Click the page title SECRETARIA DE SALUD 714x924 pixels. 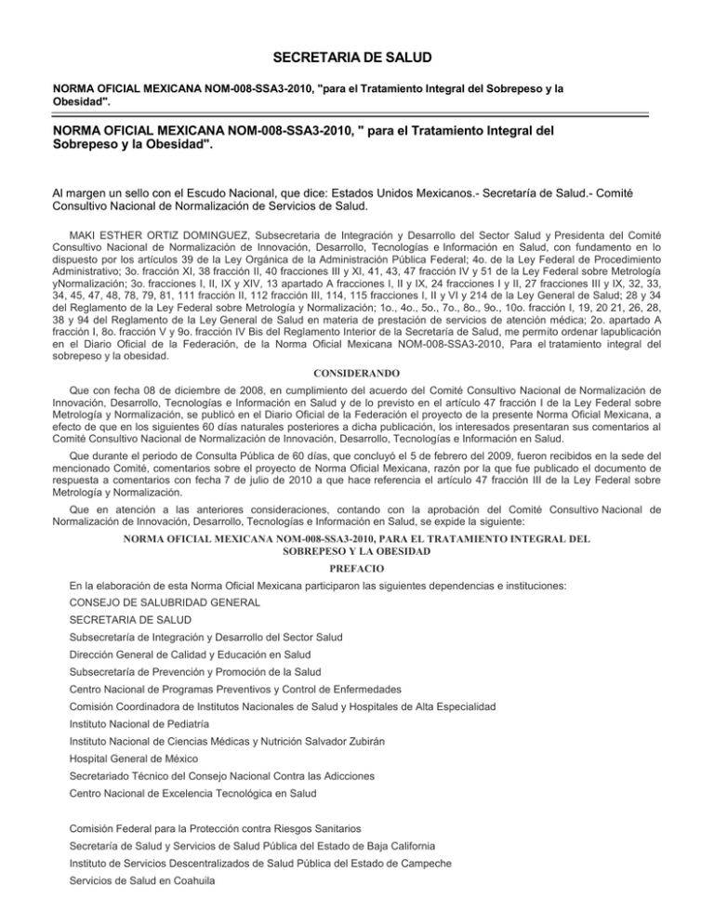click(356, 59)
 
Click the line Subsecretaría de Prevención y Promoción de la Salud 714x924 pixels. click(209, 672)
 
